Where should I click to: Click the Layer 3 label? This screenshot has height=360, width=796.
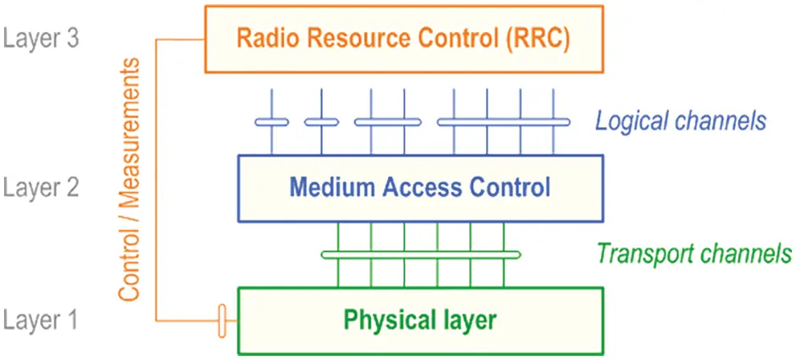[41, 39]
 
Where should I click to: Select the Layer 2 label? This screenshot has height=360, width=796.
[41, 189]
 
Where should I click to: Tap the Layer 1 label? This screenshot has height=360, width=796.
[41, 321]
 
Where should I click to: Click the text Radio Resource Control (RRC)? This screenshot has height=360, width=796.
[403, 39]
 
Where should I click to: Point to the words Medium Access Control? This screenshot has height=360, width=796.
[420, 188]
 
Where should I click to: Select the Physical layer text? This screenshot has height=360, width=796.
[420, 320]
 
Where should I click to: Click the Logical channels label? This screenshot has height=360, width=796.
[680, 121]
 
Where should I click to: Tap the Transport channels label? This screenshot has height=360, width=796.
[694, 254]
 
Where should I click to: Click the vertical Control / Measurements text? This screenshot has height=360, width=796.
[131, 178]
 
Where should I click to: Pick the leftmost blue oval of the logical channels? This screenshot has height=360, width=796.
[271, 122]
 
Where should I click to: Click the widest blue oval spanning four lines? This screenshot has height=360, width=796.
[504, 122]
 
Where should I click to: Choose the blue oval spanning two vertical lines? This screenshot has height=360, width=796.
[387, 122]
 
